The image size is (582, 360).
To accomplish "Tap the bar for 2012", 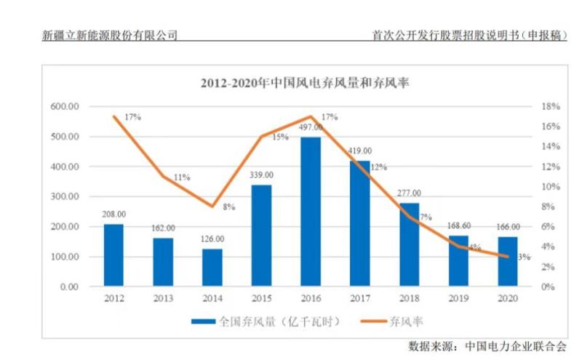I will tap(113, 255).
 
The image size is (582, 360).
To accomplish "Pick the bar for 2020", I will tap(508, 262).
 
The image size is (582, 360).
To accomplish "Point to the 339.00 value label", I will tap(261, 175).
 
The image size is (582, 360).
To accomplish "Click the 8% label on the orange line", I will tap(228, 207).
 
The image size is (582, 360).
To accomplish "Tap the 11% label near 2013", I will tap(182, 177).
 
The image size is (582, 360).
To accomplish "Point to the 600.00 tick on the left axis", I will tap(65, 107).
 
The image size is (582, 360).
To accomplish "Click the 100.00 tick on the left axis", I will tap(65, 257).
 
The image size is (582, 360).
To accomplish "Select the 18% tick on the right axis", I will tap(551, 107).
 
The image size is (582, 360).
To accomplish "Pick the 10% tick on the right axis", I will tap(551, 187).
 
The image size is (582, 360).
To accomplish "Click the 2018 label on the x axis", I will tap(410, 299).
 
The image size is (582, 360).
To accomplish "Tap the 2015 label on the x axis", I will tap(261, 299).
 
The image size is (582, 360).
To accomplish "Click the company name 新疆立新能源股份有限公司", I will tap(110, 34).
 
